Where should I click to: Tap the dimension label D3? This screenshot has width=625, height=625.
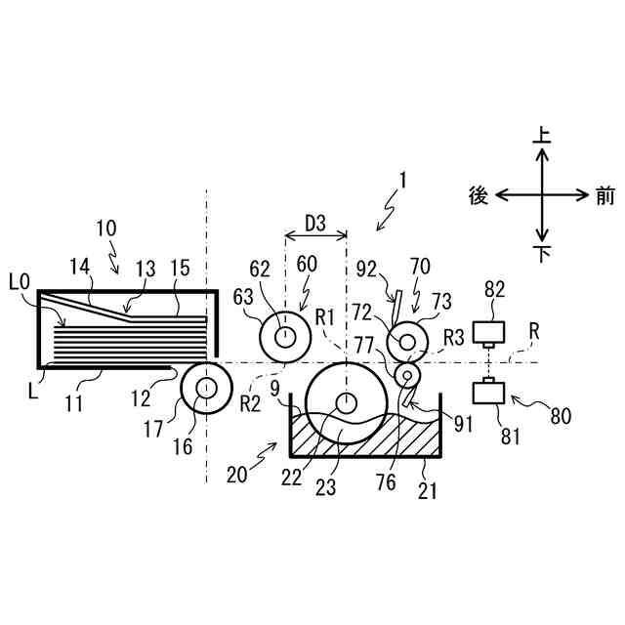[315, 223]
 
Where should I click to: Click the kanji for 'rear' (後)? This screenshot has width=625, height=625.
[479, 195]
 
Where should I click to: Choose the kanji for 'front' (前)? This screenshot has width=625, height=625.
[604, 195]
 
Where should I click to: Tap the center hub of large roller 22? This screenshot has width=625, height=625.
[345, 403]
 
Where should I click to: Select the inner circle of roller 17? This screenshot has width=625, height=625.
[206, 388]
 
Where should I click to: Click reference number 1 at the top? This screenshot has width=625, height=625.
[401, 181]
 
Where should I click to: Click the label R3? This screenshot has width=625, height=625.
[454, 338]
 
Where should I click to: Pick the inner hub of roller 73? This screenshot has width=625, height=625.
[407, 341]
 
